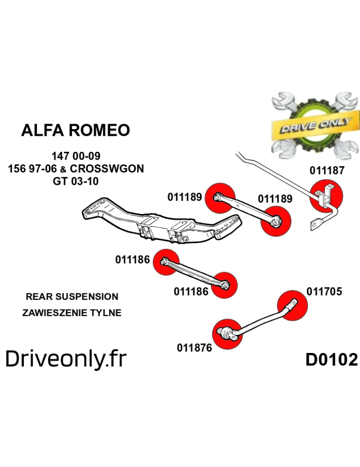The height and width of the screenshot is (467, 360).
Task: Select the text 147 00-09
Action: coord(76,156)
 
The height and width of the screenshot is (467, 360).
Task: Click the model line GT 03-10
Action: coord(76,181)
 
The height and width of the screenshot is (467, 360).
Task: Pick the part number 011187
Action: coord(327,171)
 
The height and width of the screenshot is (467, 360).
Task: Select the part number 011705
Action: coord(324,292)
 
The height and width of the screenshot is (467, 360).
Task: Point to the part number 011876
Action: coord(194,348)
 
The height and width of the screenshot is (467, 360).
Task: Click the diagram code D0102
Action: coord(332,360)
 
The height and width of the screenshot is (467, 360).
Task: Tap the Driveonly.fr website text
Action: coord(66,359)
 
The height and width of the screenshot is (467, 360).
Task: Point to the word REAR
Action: coord(36,297)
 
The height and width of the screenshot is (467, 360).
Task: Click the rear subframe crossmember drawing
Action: coord(159,223)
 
